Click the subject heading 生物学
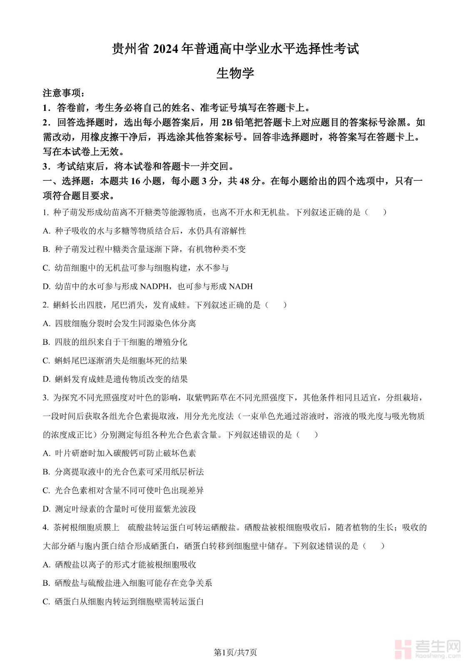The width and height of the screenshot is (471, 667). point(235,73)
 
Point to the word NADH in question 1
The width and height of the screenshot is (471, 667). point(241,286)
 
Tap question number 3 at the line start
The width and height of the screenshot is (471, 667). point(45,398)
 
